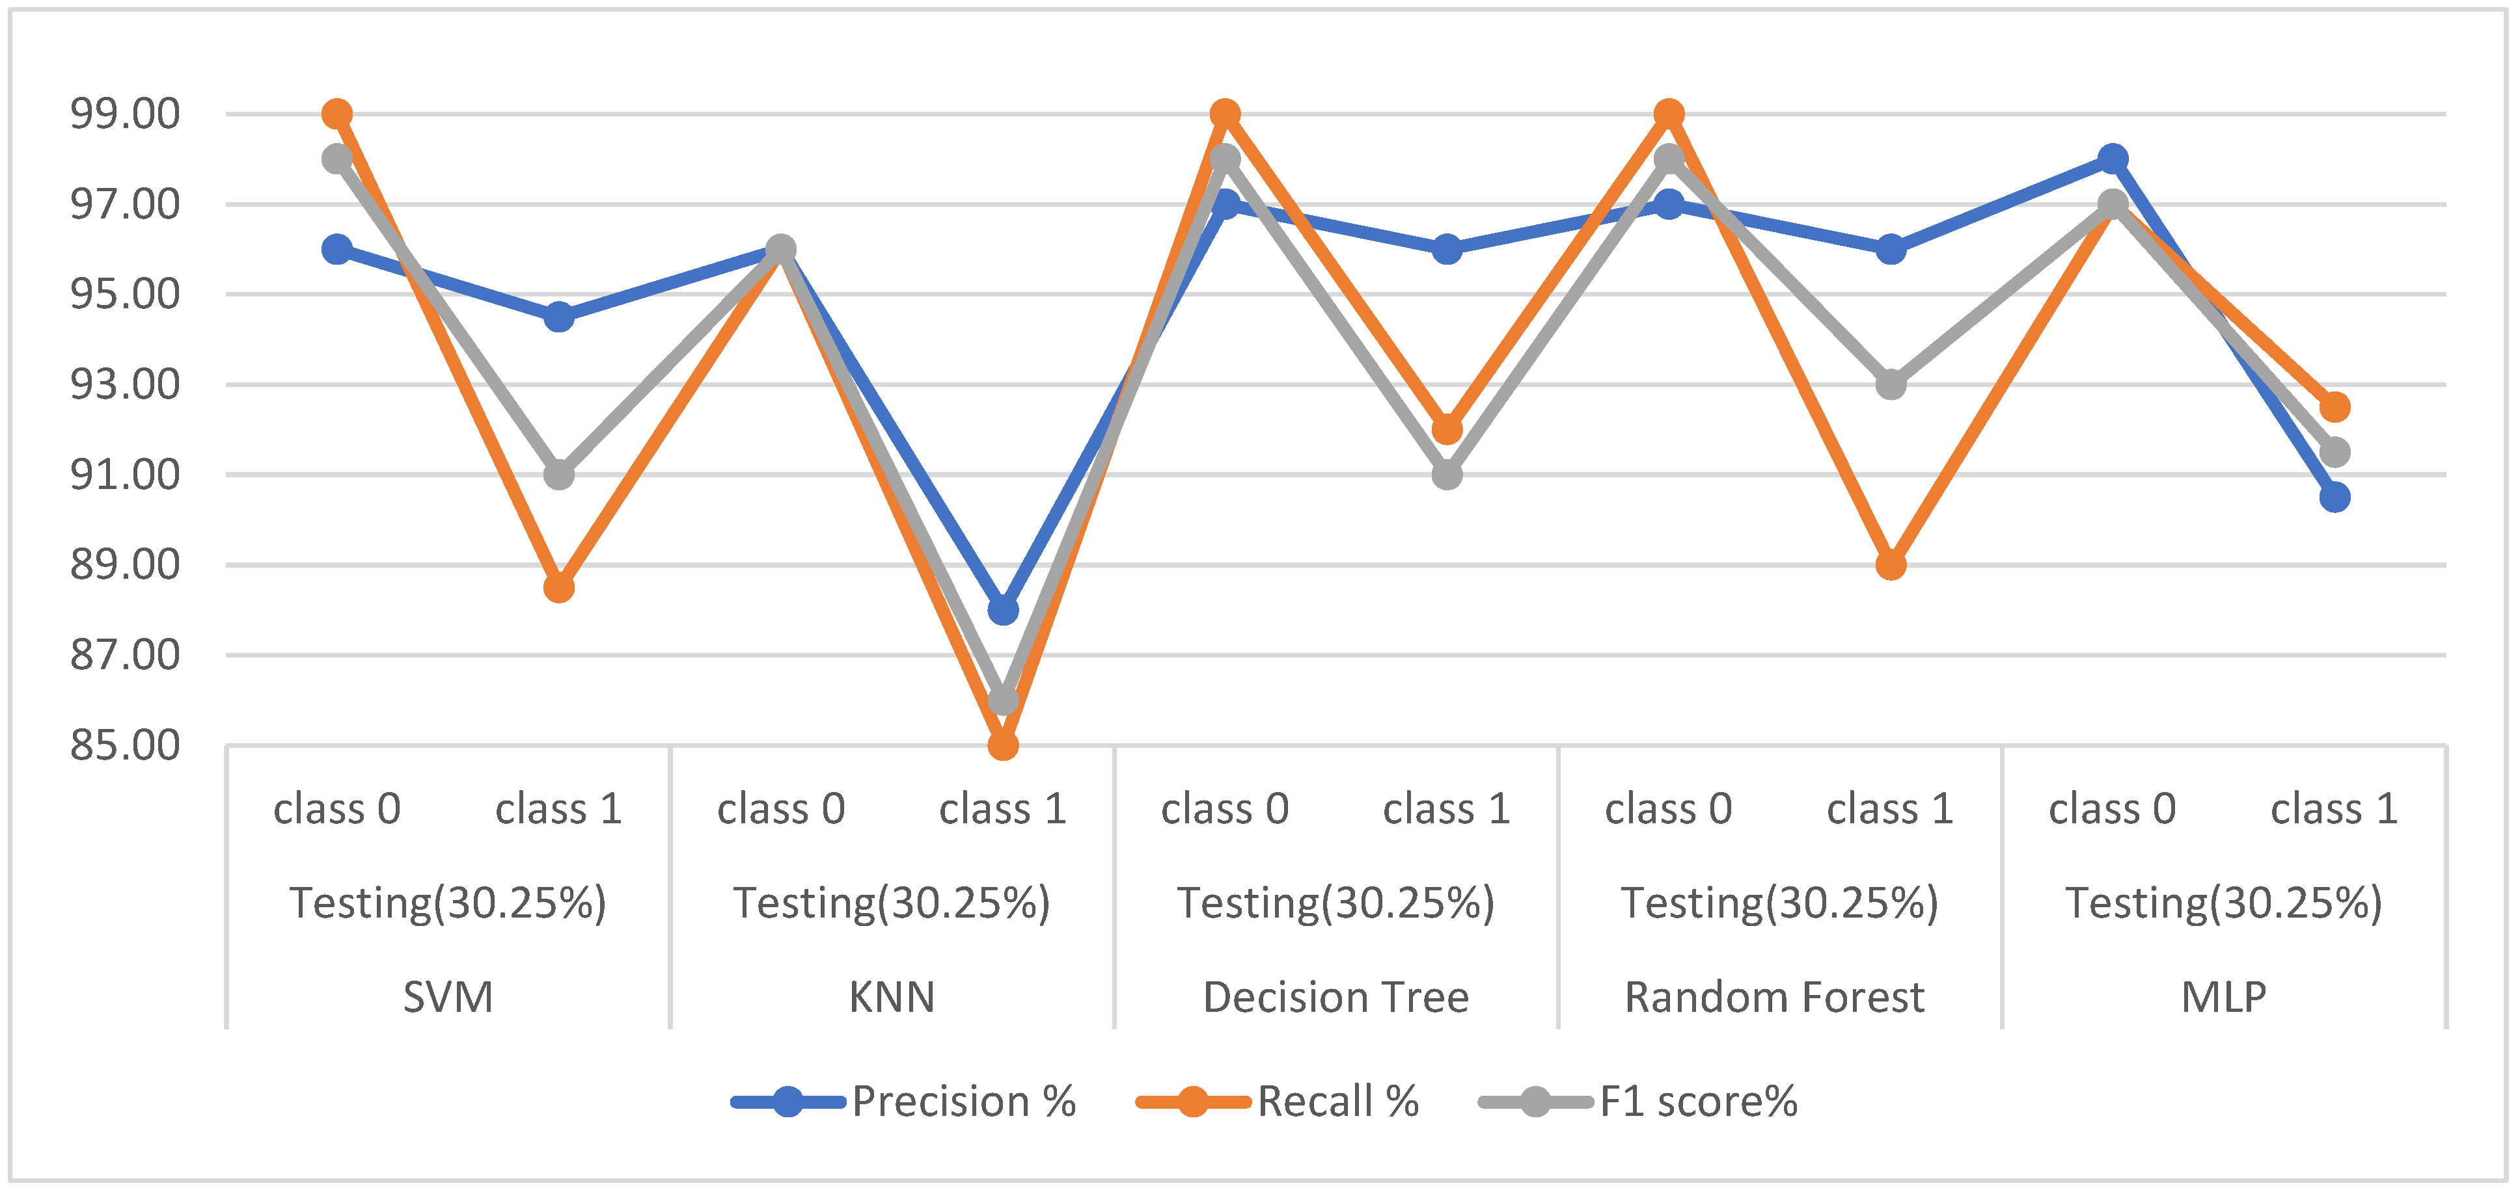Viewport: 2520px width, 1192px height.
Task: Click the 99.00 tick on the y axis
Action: (x=124, y=114)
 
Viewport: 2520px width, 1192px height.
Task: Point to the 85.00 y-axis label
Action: (x=124, y=746)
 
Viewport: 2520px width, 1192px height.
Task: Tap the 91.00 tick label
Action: (x=124, y=475)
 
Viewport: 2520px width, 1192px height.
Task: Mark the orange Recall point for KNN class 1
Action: (x=1003, y=745)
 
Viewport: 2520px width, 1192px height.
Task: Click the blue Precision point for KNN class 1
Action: (x=1003, y=610)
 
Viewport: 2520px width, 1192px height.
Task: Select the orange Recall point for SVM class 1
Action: (x=558, y=588)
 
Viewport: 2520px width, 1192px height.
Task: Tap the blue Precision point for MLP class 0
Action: (x=2113, y=159)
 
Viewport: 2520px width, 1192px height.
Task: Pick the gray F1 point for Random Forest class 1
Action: (x=1891, y=384)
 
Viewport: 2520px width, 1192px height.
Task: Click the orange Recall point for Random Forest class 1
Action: (x=1891, y=565)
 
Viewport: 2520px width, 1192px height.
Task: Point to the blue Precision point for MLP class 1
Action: (x=2335, y=497)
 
